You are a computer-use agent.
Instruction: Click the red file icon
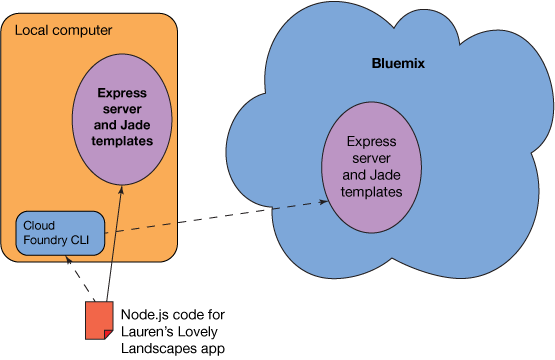98,320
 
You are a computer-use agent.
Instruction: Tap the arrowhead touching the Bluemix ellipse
325,202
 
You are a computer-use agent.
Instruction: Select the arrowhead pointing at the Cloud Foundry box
68,258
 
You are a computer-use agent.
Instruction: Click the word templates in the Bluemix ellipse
367,189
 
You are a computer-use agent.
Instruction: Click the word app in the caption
214,348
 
